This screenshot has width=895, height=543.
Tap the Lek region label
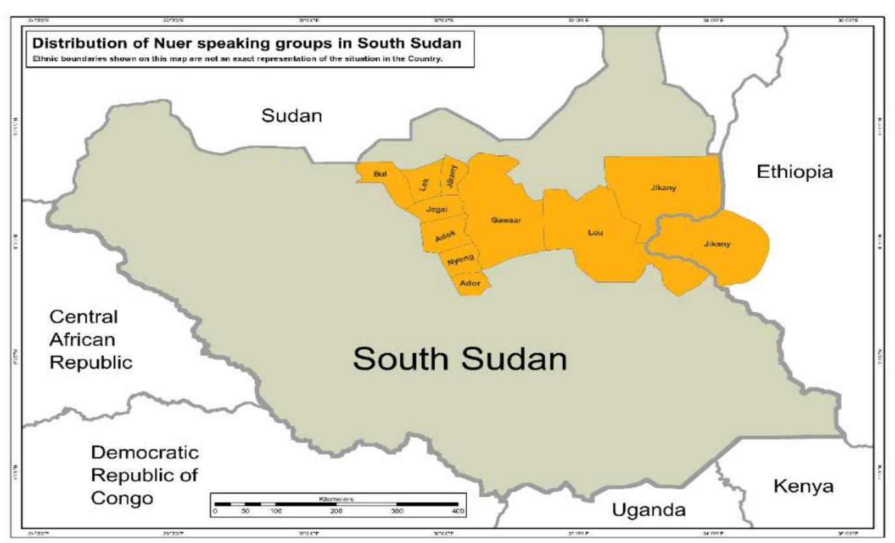pyautogui.click(x=425, y=185)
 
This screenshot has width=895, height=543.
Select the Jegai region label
pyautogui.click(x=437, y=209)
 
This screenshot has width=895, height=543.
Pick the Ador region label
pyautogui.click(x=470, y=283)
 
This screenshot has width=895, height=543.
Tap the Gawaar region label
pyautogui.click(x=508, y=220)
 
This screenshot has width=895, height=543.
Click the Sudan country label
pyautogui.click(x=292, y=116)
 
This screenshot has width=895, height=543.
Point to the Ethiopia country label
pyautogui.click(x=794, y=172)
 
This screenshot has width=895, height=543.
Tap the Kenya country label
pyautogui.click(x=803, y=486)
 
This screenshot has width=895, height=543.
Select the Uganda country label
pyautogui.click(x=649, y=510)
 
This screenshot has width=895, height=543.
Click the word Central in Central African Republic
pyautogui.click(x=84, y=318)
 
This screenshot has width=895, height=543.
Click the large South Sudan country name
pyautogui.click(x=460, y=359)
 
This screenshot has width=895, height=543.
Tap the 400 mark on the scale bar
pyautogui.click(x=457, y=512)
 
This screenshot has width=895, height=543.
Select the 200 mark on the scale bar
pyautogui.click(x=336, y=512)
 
